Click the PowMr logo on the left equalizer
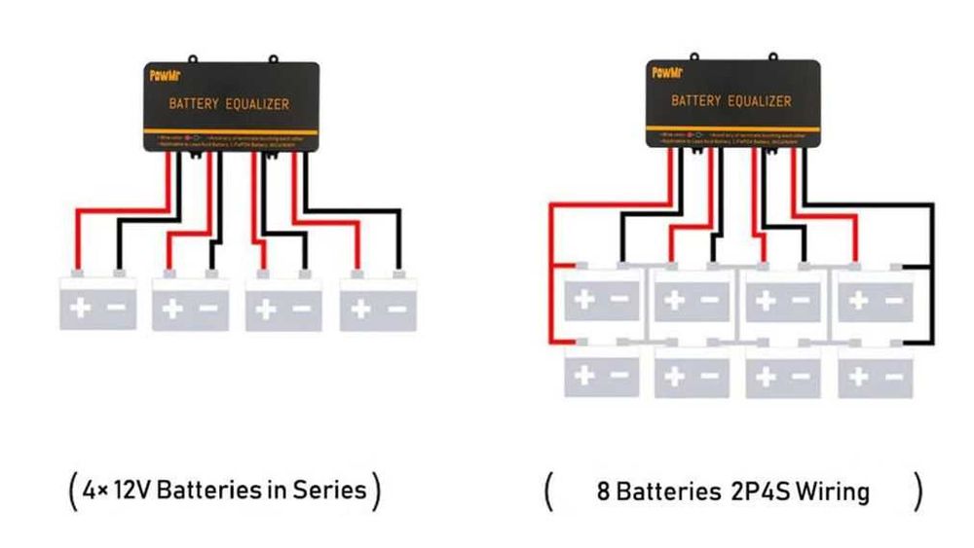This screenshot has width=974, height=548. [162, 74]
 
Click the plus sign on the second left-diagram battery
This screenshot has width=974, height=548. [172, 310]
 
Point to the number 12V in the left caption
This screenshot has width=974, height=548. [132, 489]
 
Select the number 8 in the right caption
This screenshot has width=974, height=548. [603, 492]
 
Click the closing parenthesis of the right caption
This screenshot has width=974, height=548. [917, 492]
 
